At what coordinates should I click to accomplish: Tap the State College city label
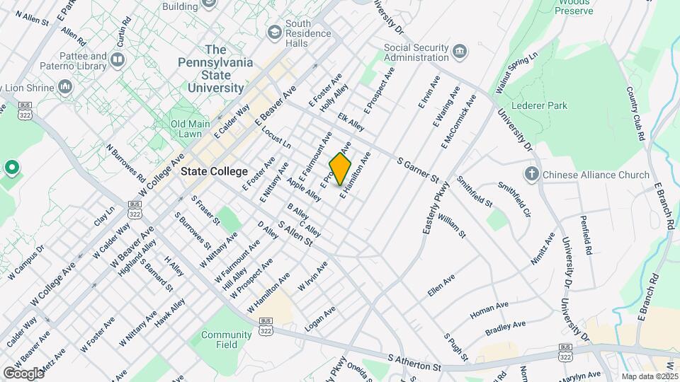tap(214, 171)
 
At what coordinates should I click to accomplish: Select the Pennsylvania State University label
tap(219, 69)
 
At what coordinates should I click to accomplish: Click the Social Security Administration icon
tap(460, 52)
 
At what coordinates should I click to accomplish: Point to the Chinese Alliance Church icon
tap(532, 174)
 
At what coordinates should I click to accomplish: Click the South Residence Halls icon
tap(274, 33)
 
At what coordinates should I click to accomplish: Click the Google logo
tap(23, 373)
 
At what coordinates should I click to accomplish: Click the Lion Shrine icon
tap(65, 86)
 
